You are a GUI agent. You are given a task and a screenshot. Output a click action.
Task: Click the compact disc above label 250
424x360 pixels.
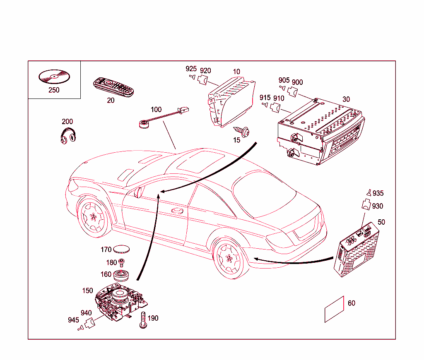(54, 77)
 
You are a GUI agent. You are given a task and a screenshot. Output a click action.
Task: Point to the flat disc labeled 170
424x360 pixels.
(122, 249)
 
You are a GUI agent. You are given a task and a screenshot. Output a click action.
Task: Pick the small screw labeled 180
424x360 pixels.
(122, 262)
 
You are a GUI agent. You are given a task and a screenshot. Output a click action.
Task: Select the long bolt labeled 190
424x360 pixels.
(143, 321)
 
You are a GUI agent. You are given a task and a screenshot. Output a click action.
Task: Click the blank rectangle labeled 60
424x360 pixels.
(335, 309)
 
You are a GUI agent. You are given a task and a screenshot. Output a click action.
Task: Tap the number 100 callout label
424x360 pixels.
(156, 110)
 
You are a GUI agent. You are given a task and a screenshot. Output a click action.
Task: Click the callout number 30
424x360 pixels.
(346, 99)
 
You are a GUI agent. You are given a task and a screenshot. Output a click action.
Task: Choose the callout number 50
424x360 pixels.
(381, 222)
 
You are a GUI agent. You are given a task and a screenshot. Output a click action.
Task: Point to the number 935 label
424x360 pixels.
(378, 193)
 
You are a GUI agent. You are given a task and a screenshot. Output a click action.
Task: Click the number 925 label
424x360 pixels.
(191, 69)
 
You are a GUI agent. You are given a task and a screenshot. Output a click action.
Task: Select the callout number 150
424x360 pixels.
(87, 291)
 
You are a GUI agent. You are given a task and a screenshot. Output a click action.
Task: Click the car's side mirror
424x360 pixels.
(139, 192)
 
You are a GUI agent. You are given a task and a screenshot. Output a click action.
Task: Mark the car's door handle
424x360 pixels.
(178, 211)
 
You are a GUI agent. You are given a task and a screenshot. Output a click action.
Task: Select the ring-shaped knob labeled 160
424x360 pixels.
(122, 274)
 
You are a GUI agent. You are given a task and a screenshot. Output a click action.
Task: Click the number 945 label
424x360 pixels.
(73, 320)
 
